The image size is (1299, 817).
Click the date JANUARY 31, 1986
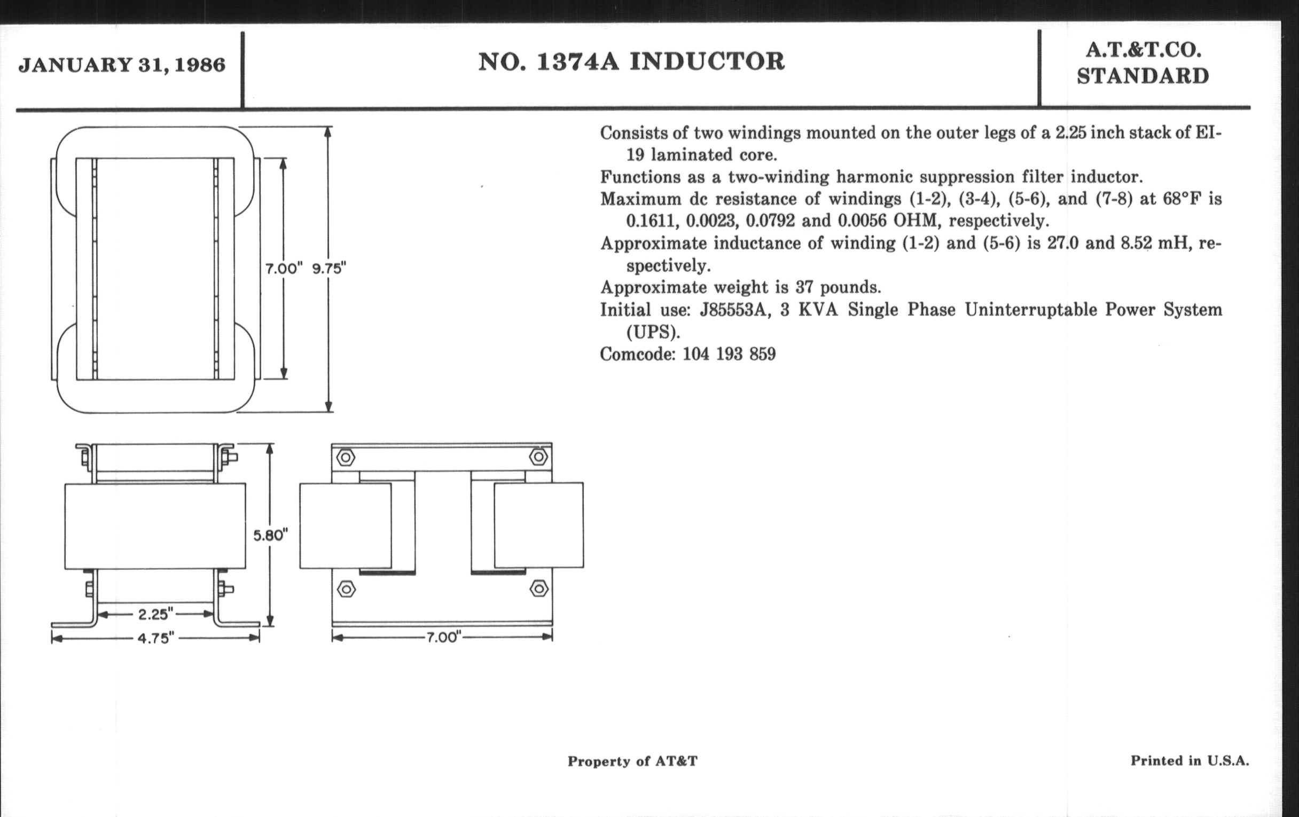click(x=122, y=65)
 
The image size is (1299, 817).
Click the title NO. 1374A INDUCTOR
click(x=631, y=61)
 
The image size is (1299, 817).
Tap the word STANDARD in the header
click(x=1143, y=76)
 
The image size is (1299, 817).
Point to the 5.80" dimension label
click(x=271, y=535)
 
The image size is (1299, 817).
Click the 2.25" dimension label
click(x=155, y=614)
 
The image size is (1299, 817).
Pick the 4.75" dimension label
click(x=155, y=639)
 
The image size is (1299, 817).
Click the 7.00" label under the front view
click(x=442, y=638)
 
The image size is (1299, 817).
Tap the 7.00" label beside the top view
click(x=284, y=269)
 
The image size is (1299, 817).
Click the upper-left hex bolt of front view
click(x=346, y=458)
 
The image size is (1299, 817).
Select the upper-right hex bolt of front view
click(x=538, y=457)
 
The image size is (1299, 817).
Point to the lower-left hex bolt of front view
click(x=346, y=589)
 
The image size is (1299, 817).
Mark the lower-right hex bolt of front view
click(x=539, y=588)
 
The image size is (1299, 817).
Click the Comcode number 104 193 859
click(x=729, y=355)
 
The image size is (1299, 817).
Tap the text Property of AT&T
click(x=632, y=761)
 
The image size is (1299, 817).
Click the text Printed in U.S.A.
click(x=1190, y=760)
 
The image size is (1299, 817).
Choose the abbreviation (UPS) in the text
click(x=653, y=332)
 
